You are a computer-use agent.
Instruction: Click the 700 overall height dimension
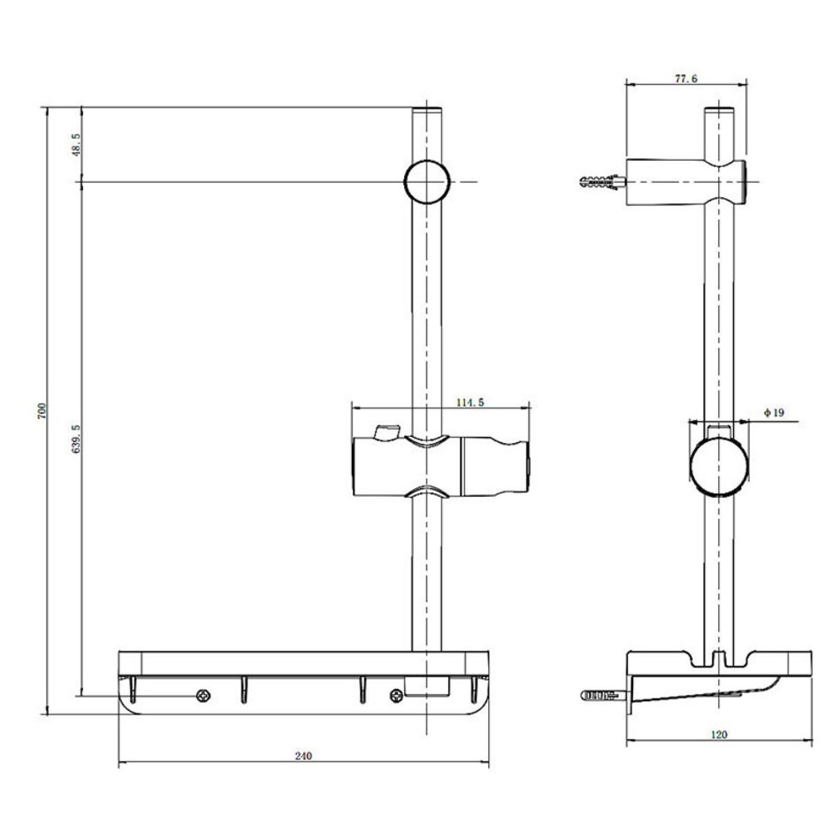pyautogui.click(x=42, y=411)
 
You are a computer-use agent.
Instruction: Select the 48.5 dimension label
pyautogui.click(x=76, y=145)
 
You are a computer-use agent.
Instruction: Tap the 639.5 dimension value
pyautogui.click(x=76, y=439)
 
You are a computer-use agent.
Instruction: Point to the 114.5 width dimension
pyautogui.click(x=470, y=402)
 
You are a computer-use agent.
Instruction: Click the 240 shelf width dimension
pyautogui.click(x=303, y=756)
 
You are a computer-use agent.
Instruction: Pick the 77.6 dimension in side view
pyautogui.click(x=686, y=79)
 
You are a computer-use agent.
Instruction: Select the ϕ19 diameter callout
pyautogui.click(x=774, y=413)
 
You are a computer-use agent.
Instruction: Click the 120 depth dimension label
pyautogui.click(x=719, y=735)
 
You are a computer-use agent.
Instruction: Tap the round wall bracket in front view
pyautogui.click(x=427, y=181)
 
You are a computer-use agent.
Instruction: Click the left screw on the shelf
pyautogui.click(x=203, y=696)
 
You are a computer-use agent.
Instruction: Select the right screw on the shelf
pyautogui.click(x=396, y=696)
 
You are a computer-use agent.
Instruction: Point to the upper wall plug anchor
pyautogui.click(x=603, y=181)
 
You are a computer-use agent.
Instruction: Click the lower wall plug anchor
pyautogui.click(x=604, y=696)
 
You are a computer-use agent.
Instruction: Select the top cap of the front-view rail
pyautogui.click(x=427, y=111)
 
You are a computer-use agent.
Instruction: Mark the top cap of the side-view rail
pyautogui.click(x=719, y=111)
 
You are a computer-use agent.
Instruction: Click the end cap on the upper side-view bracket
pyautogui.click(x=743, y=181)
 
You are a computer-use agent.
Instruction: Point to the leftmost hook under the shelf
pyautogui.click(x=133, y=689)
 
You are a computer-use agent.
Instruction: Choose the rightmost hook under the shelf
pyautogui.click(x=474, y=689)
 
